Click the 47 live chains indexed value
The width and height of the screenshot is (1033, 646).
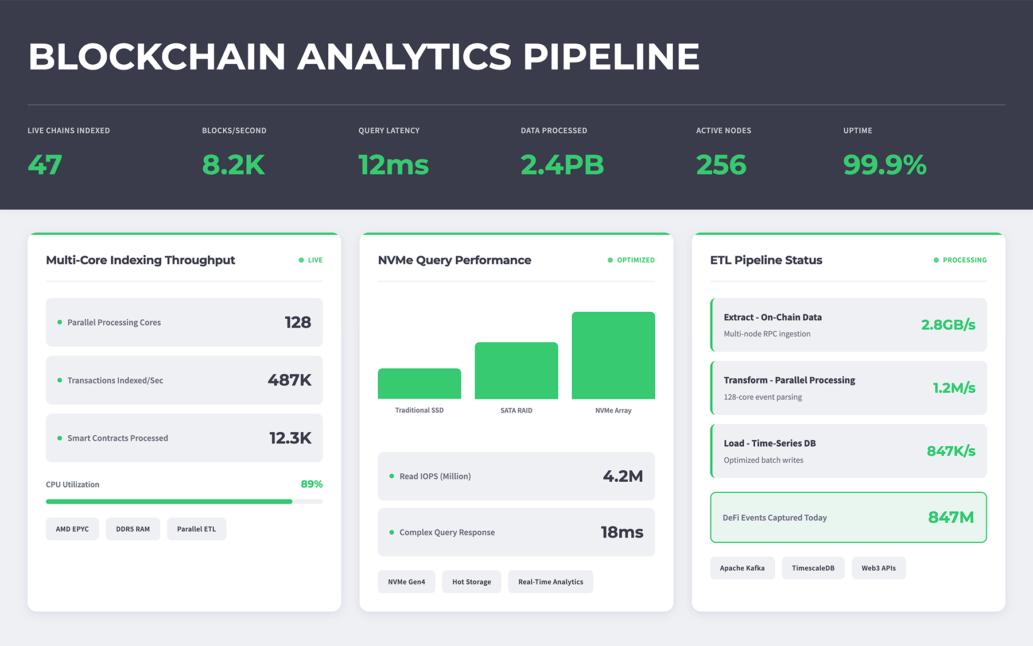[45, 165]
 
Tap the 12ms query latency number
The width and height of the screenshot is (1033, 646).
[393, 165]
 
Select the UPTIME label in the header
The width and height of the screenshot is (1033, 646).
[857, 130]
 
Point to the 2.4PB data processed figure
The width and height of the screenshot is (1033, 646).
[562, 165]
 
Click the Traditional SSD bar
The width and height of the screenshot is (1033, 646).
[419, 384]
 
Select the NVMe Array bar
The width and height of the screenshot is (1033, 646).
[613, 355]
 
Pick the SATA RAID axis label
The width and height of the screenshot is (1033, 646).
[516, 411]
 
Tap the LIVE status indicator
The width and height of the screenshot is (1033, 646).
[311, 260]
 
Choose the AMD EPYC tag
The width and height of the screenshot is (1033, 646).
[72, 529]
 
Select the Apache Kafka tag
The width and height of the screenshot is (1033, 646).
[742, 568]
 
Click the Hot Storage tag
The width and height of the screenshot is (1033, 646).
[471, 582]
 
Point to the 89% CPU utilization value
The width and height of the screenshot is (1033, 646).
[312, 484]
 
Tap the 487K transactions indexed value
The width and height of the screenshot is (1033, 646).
[289, 380]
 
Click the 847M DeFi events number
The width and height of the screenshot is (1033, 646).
[950, 517]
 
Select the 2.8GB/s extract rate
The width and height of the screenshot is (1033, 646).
[948, 325]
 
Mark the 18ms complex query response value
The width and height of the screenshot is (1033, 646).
[622, 532]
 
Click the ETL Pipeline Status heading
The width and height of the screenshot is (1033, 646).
[766, 260]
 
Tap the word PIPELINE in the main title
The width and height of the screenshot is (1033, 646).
[611, 57]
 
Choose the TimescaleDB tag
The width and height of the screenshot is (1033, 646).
[813, 568]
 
